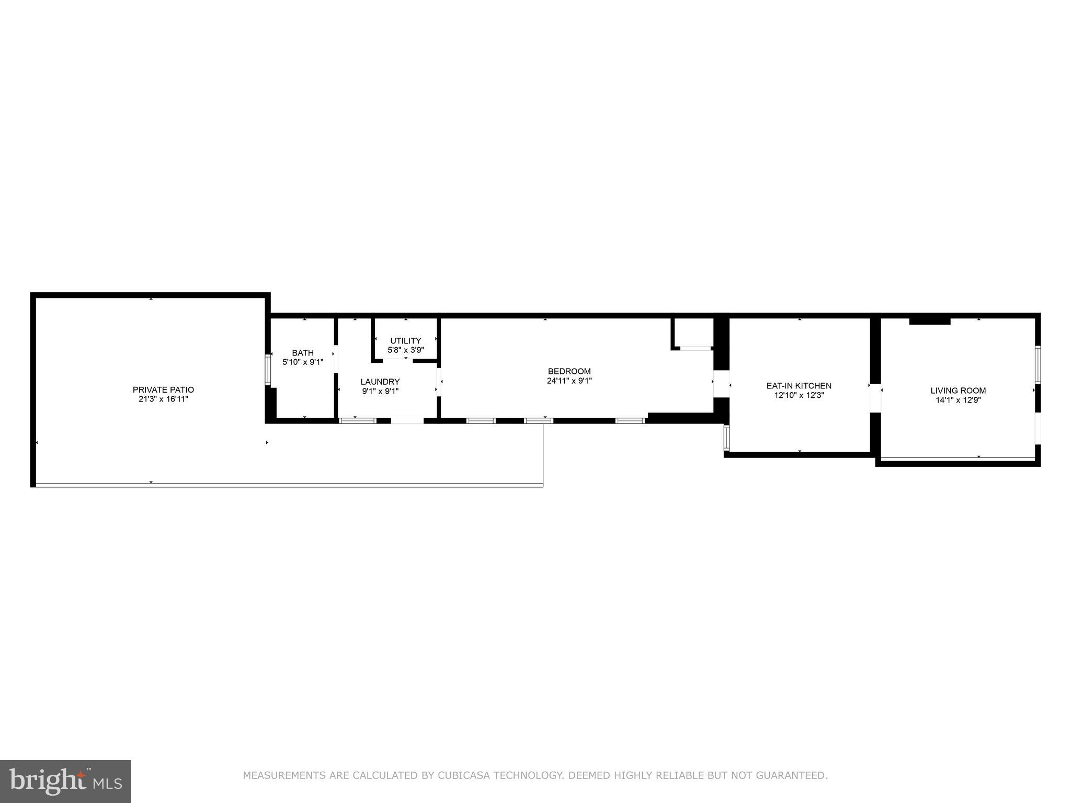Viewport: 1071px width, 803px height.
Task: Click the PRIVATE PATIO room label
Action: (x=163, y=389)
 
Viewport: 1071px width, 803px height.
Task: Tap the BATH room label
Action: (x=303, y=353)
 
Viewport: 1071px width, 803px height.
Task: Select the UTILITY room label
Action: (x=405, y=341)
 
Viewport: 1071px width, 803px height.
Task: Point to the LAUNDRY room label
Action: (x=380, y=382)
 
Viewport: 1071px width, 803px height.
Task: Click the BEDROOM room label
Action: (x=569, y=371)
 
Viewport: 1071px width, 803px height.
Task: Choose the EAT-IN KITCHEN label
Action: (x=799, y=386)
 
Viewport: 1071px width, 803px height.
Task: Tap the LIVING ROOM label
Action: (x=958, y=391)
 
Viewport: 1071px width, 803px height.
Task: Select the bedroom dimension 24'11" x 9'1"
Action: (x=569, y=381)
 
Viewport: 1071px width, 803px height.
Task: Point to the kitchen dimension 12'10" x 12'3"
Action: (x=799, y=396)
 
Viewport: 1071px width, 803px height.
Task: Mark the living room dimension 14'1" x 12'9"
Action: (x=958, y=400)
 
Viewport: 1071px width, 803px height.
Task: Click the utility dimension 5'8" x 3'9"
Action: (x=405, y=350)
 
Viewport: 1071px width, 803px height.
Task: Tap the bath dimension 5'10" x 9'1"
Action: (x=303, y=362)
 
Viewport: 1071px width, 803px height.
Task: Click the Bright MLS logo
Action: (x=65, y=782)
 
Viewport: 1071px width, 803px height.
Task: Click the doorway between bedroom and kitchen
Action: (x=721, y=384)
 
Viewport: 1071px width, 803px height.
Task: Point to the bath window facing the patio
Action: (x=268, y=370)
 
